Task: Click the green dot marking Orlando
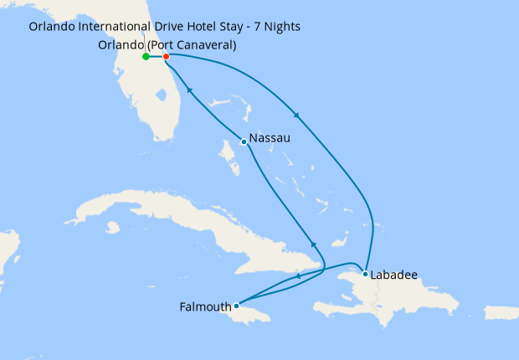click(x=146, y=57)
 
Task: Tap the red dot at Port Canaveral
click(x=166, y=57)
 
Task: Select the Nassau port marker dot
click(x=243, y=141)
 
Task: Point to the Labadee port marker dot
click(x=365, y=274)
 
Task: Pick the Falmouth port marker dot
click(x=237, y=306)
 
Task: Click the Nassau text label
click(x=270, y=138)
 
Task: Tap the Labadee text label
click(x=395, y=274)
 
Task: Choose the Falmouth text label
click(x=205, y=306)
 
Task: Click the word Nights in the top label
click(x=281, y=27)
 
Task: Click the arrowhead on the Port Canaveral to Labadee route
click(x=296, y=115)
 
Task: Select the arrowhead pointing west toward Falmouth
click(x=297, y=275)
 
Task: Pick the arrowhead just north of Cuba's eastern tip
click(x=314, y=244)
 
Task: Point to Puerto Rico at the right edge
click(x=500, y=313)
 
